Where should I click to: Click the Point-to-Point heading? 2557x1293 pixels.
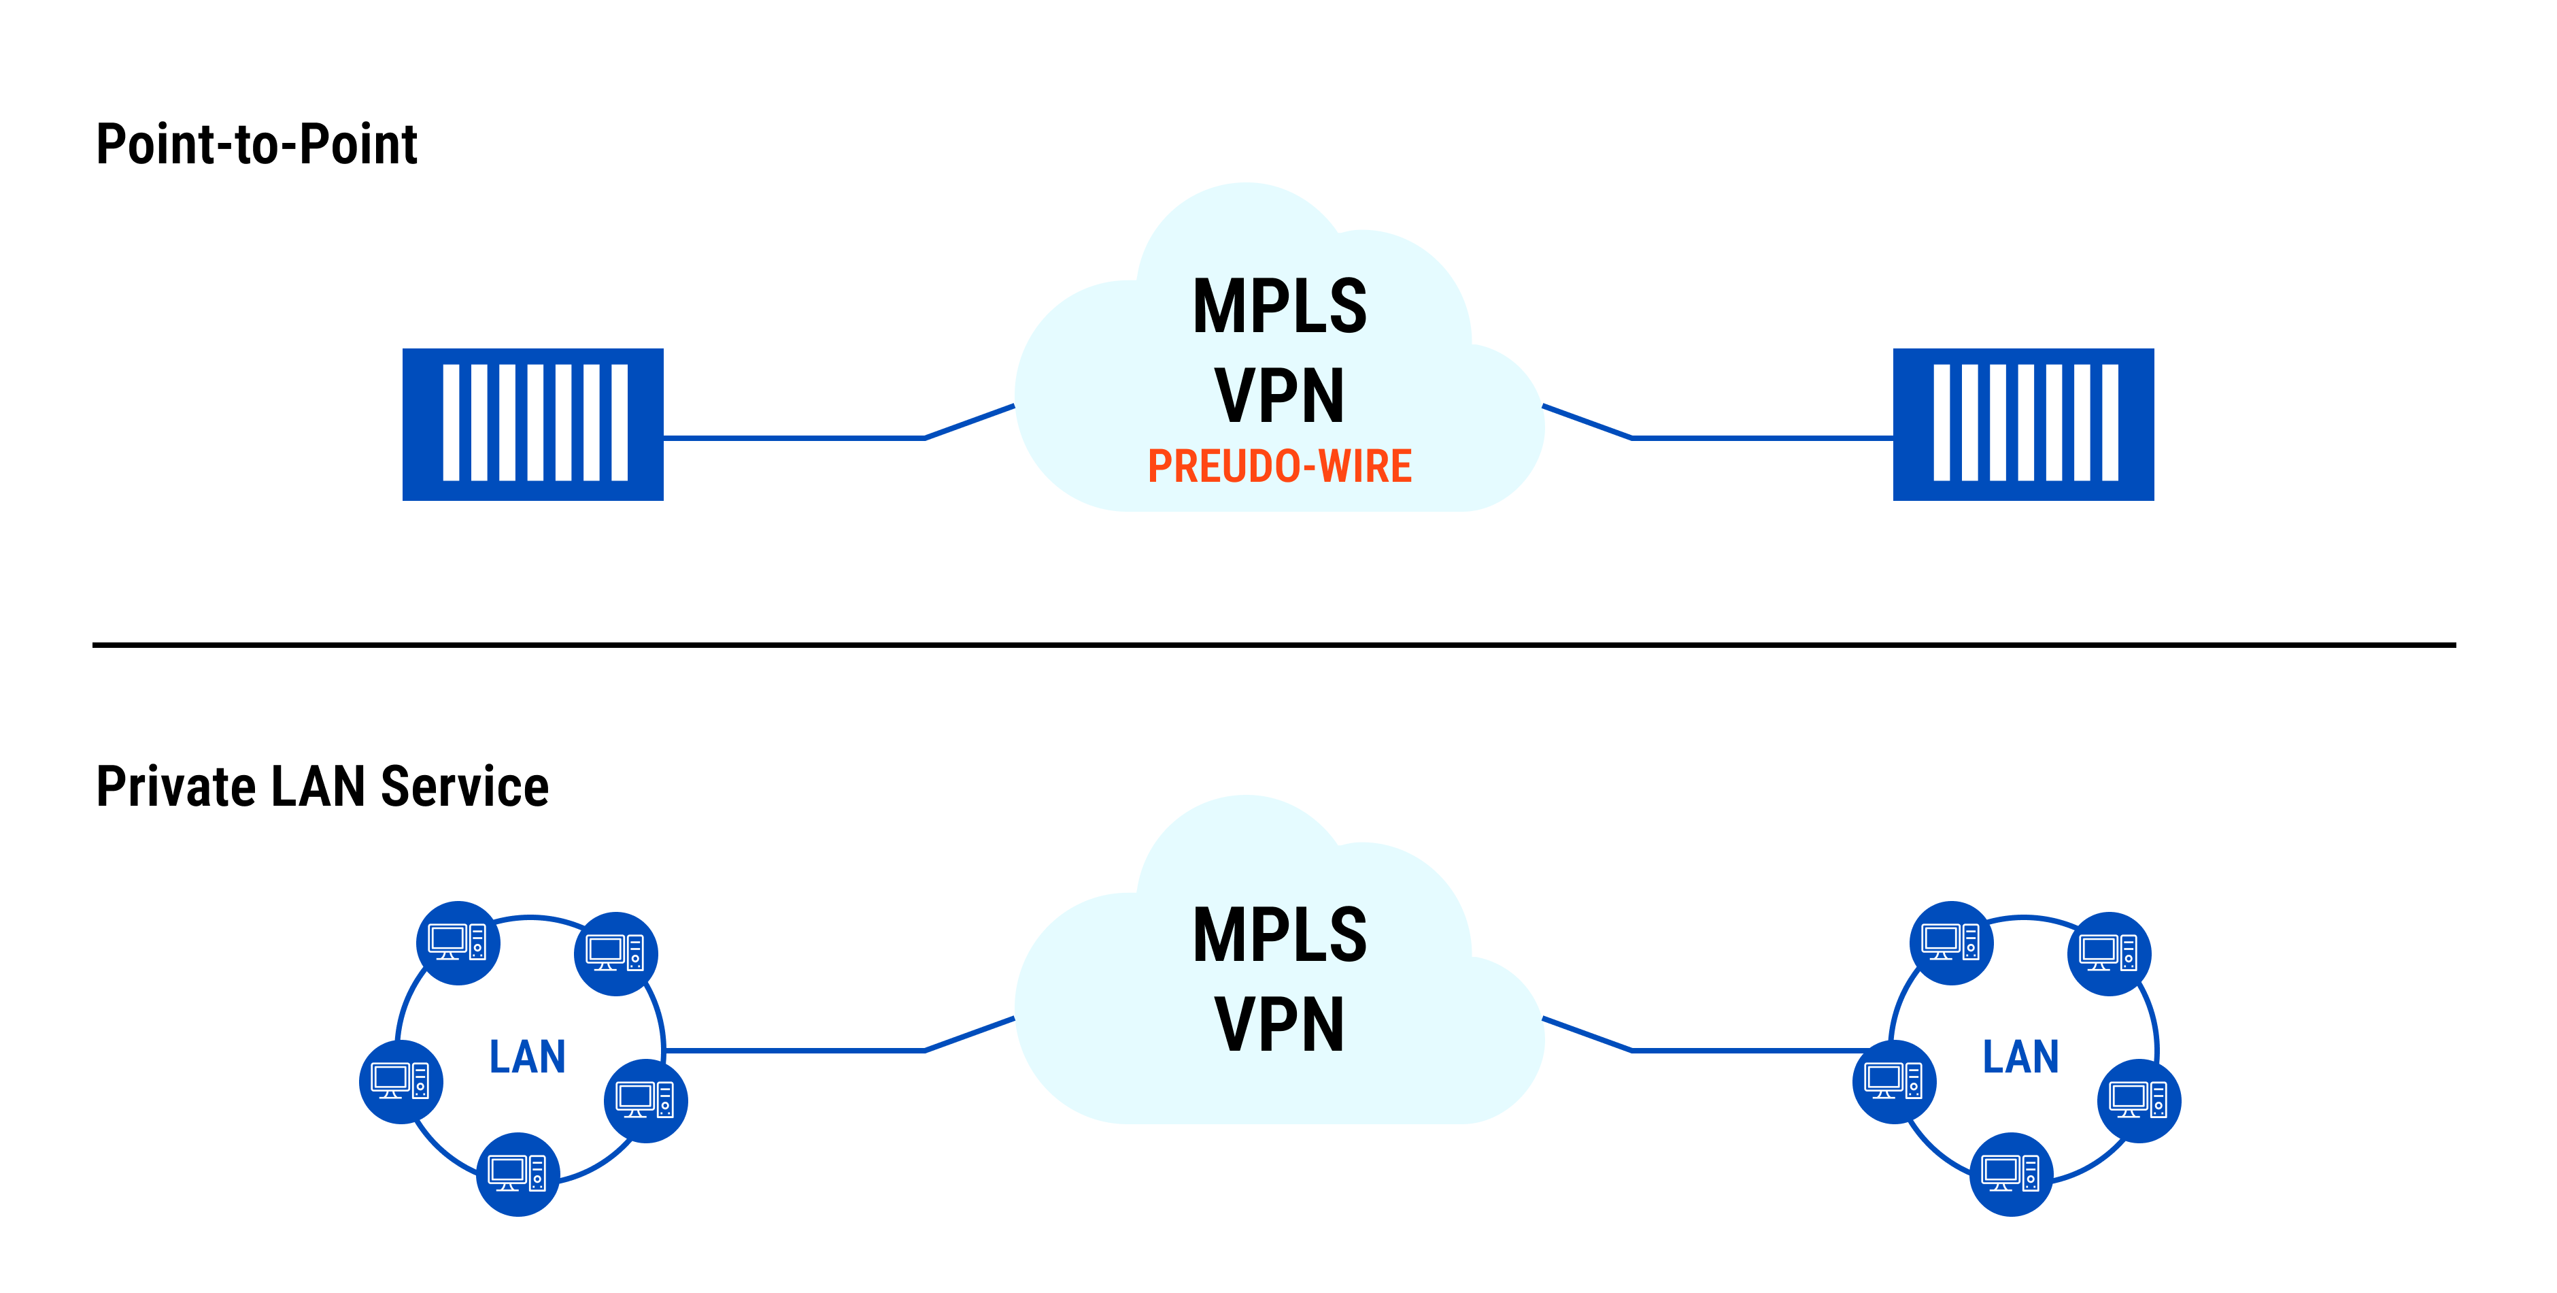pos(256,145)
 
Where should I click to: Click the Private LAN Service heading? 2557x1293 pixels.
pos(322,787)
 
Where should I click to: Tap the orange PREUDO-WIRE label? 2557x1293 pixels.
pos(1278,467)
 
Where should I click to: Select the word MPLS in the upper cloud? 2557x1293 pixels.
pos(1278,307)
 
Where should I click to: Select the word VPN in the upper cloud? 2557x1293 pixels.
pos(1278,396)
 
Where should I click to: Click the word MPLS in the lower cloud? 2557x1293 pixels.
pos(1278,936)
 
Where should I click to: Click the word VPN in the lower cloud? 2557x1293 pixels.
pos(1278,1025)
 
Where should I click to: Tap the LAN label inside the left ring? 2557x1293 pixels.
pos(527,1057)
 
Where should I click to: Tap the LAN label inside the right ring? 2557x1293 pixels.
pos(2020,1057)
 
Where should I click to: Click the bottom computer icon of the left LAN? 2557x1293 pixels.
pos(518,1174)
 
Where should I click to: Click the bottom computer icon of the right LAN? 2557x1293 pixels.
pos(2010,1174)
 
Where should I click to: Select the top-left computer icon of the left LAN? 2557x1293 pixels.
pos(458,943)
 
